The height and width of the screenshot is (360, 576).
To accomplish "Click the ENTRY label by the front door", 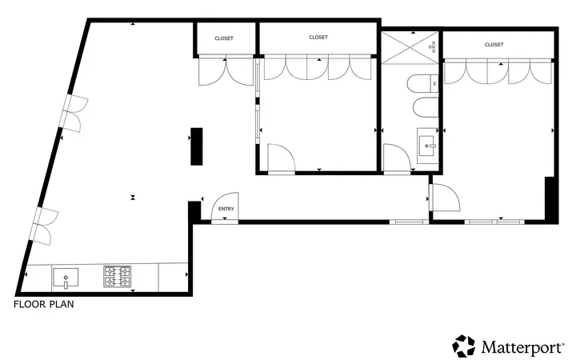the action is (226, 209).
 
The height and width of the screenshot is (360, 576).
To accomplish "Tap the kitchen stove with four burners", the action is (117, 276).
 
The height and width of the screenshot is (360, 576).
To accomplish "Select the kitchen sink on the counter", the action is (66, 278).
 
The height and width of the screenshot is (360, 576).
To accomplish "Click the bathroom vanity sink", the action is (428, 146).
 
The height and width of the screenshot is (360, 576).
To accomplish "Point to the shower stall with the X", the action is (410, 47).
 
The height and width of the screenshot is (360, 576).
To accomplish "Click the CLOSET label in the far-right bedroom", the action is (494, 45).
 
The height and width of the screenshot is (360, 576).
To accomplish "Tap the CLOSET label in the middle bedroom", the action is (318, 37).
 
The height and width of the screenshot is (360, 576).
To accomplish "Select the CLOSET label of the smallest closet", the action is (224, 38).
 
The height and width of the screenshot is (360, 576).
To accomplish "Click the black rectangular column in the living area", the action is (197, 146).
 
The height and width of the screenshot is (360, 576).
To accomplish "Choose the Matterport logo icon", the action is (463, 346).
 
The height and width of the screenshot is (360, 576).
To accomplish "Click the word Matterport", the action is (522, 347).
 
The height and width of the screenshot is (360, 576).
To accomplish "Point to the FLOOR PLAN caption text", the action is (44, 304).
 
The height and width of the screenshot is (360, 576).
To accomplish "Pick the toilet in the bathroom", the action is (423, 85).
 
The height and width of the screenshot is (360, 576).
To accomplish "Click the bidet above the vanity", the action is (426, 107).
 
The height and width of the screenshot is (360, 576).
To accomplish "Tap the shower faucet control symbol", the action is (433, 47).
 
